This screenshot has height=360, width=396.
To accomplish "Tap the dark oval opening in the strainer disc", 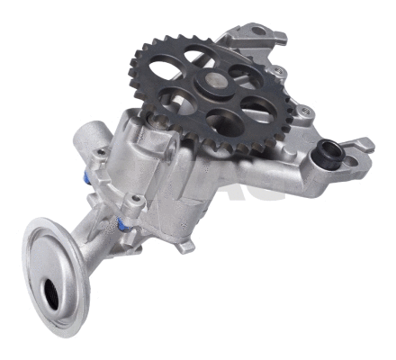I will click(x=55, y=293).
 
